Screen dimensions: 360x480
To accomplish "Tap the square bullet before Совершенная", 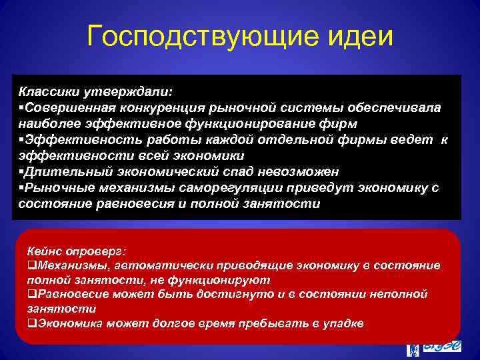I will click(21, 107).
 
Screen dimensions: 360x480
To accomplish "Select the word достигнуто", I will click(221, 294).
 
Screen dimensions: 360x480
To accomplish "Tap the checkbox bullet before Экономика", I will click(31, 323).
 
